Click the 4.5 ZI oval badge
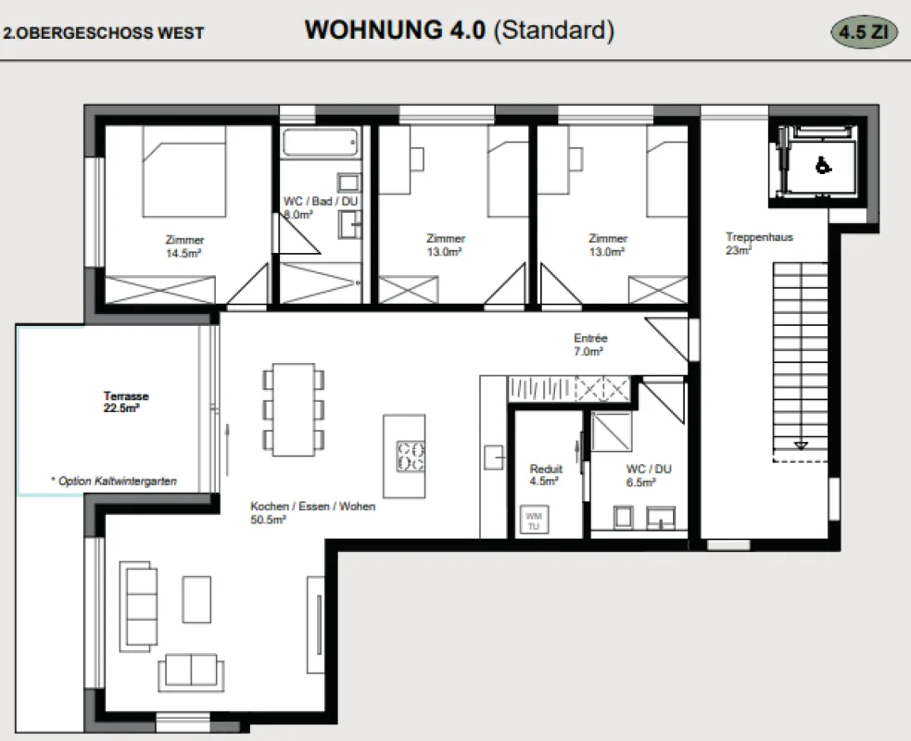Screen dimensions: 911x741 point(864,31)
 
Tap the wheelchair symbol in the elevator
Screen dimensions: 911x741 point(823,166)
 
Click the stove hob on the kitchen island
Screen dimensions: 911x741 point(411,456)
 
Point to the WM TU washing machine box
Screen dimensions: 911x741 point(534,521)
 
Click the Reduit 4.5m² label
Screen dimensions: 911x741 point(546,474)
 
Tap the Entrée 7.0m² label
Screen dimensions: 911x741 point(589,345)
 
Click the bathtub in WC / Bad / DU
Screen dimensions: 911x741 point(320,143)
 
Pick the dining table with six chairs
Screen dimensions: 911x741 point(294,409)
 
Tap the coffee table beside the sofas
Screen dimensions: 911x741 point(196,599)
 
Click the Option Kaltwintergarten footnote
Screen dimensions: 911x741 point(114,481)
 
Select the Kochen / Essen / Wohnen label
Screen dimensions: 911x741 point(312,513)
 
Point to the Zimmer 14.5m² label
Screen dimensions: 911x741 point(184,246)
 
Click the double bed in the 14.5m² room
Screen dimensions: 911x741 point(184,171)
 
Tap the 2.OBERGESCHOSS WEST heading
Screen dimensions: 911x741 point(104,32)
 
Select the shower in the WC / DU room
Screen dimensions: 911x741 point(612,432)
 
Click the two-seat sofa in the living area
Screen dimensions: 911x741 point(191,672)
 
